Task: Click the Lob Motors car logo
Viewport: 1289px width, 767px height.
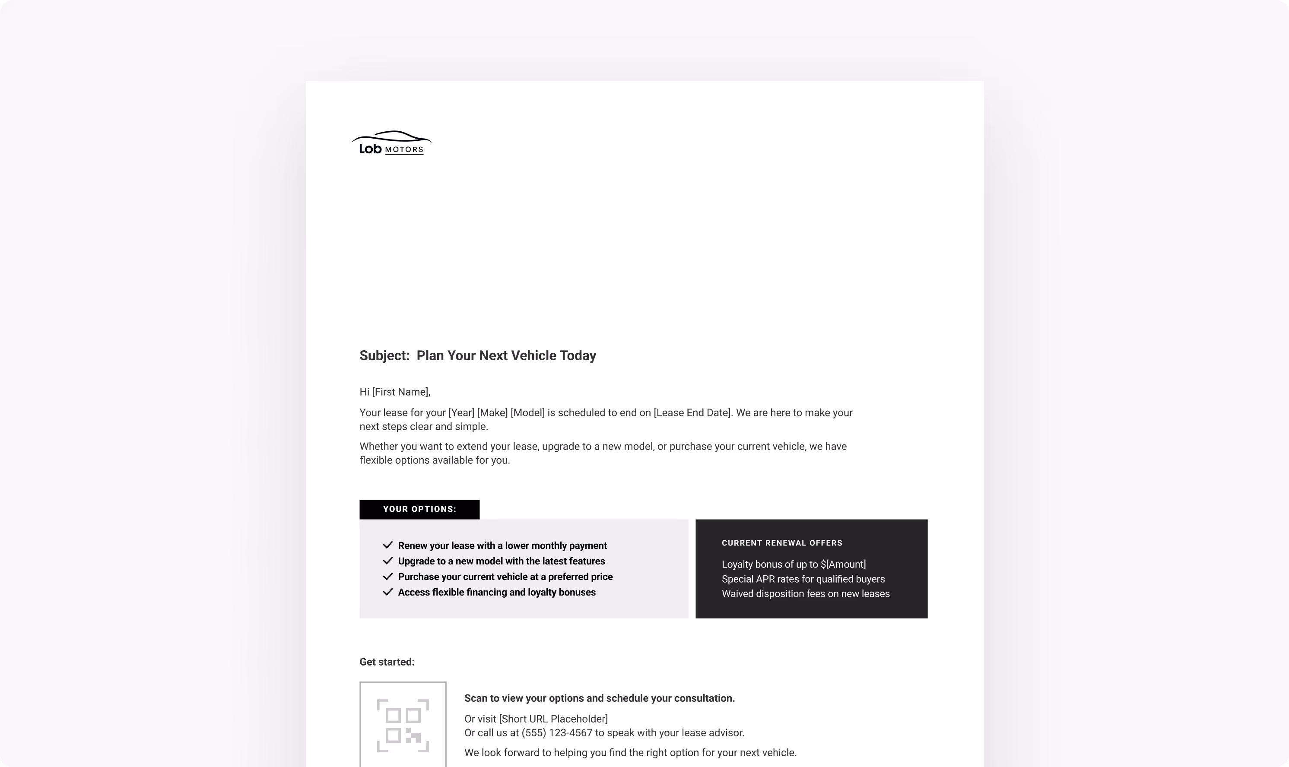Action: [x=391, y=143]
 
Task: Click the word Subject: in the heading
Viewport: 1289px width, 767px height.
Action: [x=384, y=355]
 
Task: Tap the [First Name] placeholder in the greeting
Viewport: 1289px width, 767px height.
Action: [x=400, y=392]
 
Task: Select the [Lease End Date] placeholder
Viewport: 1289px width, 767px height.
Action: [x=692, y=413]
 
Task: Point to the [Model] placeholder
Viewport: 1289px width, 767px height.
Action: [x=527, y=413]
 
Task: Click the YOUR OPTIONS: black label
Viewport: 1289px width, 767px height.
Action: [x=419, y=510]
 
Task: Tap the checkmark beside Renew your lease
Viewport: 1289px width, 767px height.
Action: [x=387, y=545]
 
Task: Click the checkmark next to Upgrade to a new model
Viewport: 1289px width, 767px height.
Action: [x=387, y=561]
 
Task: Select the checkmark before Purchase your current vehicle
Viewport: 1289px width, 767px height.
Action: [x=387, y=576]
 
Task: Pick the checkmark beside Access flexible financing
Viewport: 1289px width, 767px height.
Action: [x=387, y=592]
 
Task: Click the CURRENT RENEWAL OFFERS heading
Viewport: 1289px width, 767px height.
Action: [x=781, y=543]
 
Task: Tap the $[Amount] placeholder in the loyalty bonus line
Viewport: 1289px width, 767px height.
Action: [x=842, y=564]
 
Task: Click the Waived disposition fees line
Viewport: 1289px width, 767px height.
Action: [x=805, y=594]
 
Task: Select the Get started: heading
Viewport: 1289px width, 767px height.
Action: [x=387, y=662]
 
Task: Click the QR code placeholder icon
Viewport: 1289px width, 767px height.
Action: [x=403, y=726]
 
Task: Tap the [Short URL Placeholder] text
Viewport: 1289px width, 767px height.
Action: [x=553, y=719]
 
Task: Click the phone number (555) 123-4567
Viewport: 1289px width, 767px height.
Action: [x=557, y=733]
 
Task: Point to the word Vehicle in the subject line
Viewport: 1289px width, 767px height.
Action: [x=535, y=355]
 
